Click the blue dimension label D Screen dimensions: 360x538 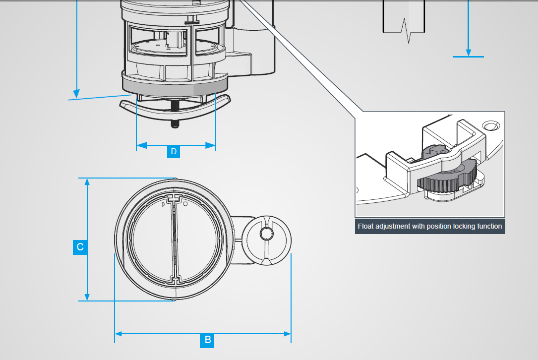(173, 151)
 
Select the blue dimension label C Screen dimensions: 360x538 (80, 247)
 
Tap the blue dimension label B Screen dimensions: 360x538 (208, 340)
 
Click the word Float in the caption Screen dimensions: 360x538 (365, 226)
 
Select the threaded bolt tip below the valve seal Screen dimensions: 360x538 (175, 124)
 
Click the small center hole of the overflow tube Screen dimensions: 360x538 (266, 234)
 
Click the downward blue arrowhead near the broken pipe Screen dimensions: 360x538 (468, 52)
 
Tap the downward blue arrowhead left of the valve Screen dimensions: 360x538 (76, 93)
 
